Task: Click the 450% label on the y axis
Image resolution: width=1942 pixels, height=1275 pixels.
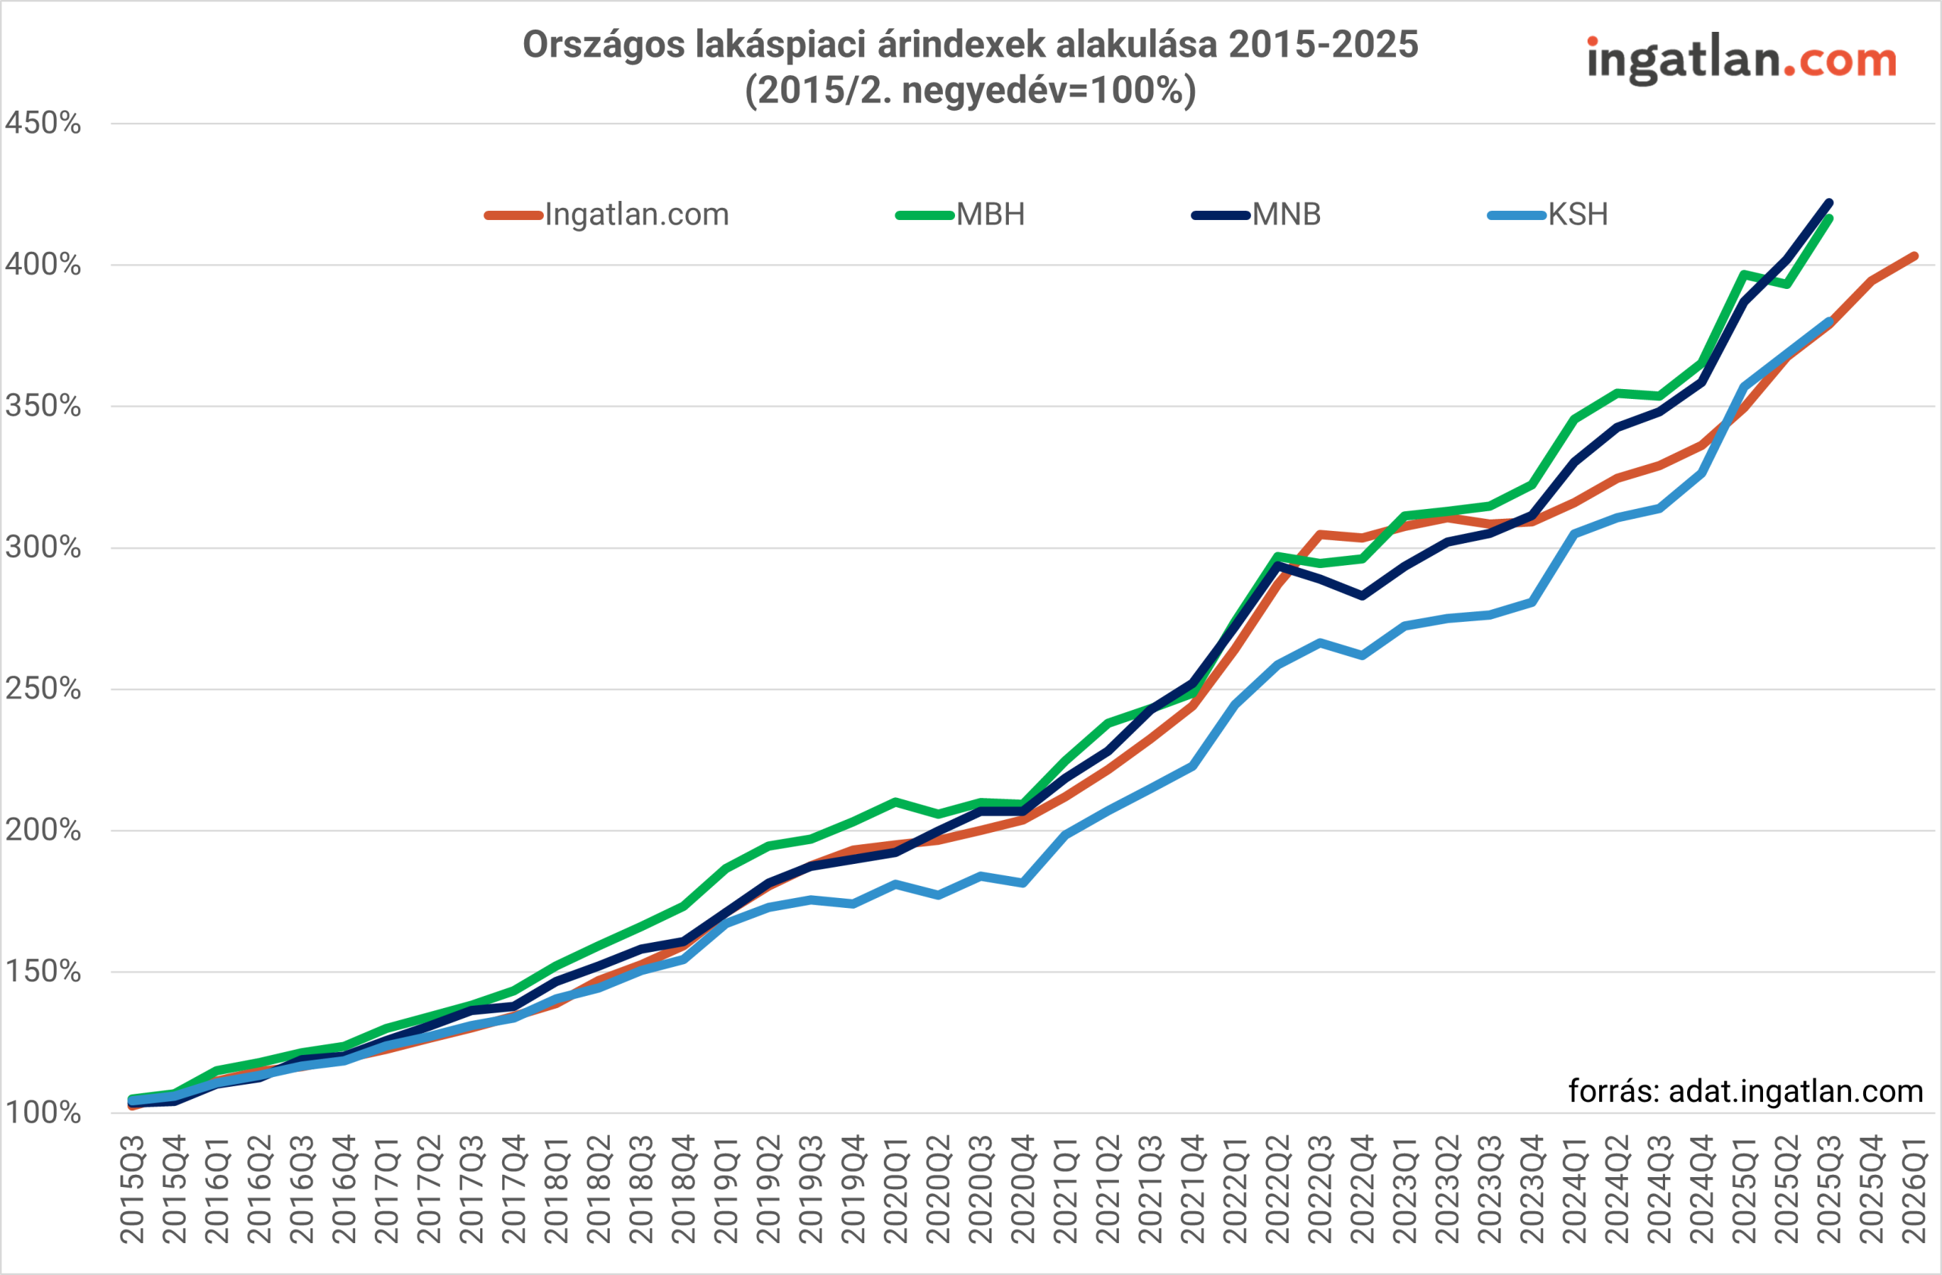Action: (42, 124)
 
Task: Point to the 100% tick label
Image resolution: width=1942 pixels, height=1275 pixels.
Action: (42, 1113)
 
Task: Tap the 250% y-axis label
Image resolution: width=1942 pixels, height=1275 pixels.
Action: (42, 689)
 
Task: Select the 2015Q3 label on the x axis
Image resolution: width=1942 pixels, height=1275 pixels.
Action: (133, 1189)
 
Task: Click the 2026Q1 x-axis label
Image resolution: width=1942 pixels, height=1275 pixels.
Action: (1914, 1189)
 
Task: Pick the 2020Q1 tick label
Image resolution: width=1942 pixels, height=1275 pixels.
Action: (896, 1189)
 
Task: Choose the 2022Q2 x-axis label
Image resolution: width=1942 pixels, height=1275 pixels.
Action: (1277, 1189)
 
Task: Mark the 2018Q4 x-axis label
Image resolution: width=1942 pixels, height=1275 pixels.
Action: (683, 1189)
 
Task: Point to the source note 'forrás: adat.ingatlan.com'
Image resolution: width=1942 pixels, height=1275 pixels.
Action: (1746, 1091)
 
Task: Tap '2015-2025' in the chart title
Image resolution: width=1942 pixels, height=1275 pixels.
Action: (1323, 45)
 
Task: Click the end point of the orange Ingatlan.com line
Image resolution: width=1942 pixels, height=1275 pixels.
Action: (1914, 256)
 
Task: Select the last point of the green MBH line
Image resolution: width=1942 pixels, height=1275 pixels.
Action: (1830, 218)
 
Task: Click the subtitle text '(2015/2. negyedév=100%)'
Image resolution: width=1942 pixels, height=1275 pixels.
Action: (970, 90)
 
